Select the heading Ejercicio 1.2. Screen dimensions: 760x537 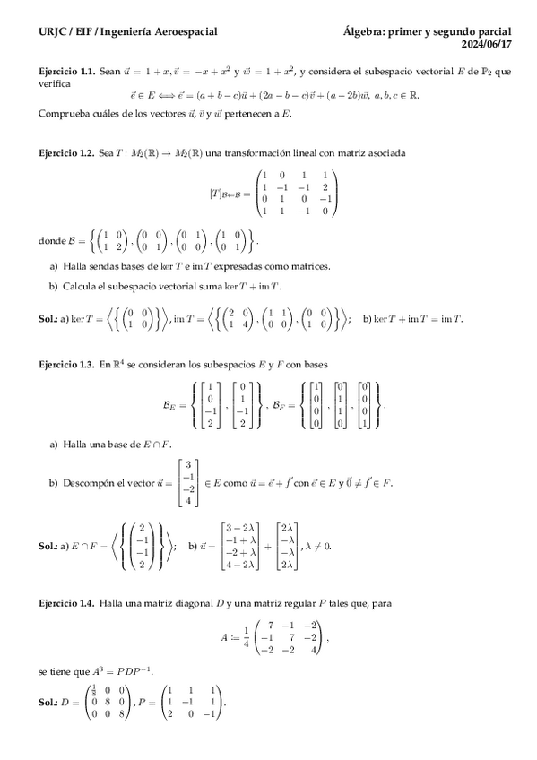coord(67,153)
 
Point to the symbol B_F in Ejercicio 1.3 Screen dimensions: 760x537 coord(280,404)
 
